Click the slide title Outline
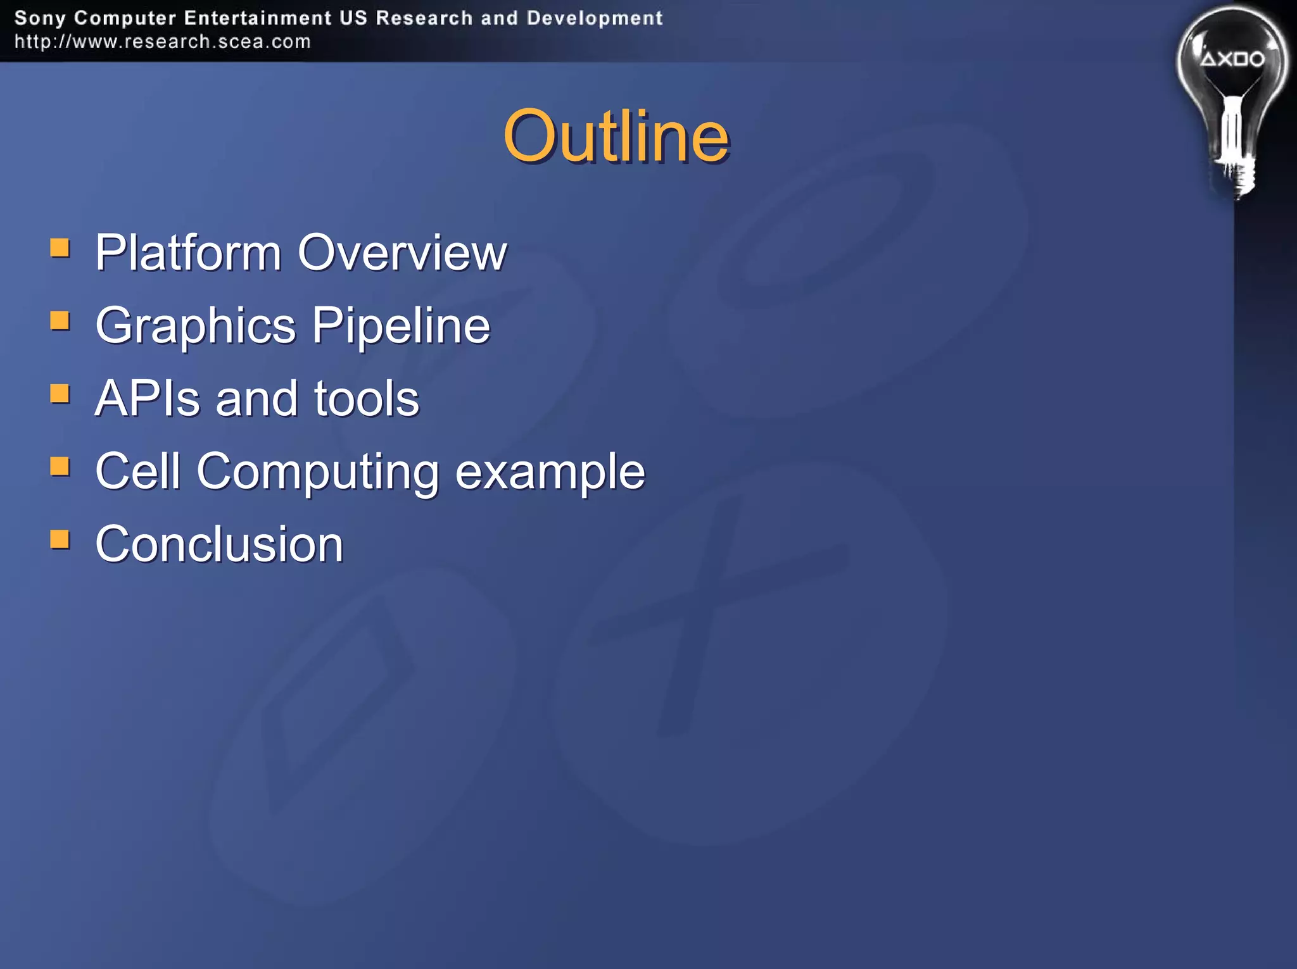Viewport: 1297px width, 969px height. click(x=616, y=136)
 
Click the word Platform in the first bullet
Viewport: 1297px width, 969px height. click(x=188, y=253)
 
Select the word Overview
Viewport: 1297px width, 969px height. click(x=402, y=253)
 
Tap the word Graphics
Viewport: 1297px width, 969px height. click(x=196, y=327)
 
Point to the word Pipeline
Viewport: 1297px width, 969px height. click(x=401, y=325)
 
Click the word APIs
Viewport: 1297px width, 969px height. click(x=147, y=399)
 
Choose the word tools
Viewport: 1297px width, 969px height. click(x=367, y=399)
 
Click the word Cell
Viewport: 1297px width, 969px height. click(x=137, y=472)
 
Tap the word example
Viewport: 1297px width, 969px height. click(x=550, y=472)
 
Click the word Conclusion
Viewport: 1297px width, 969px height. click(x=219, y=544)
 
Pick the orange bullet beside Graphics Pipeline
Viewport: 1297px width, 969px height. click(x=60, y=320)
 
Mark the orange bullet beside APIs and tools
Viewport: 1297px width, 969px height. click(x=60, y=394)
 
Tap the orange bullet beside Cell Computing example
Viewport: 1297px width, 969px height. click(x=60, y=466)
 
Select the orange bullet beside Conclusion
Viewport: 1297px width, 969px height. click(x=60, y=540)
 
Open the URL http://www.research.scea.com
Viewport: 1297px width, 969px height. click(x=163, y=42)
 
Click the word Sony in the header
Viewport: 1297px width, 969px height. click(x=40, y=18)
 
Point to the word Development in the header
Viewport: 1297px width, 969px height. click(x=594, y=18)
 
